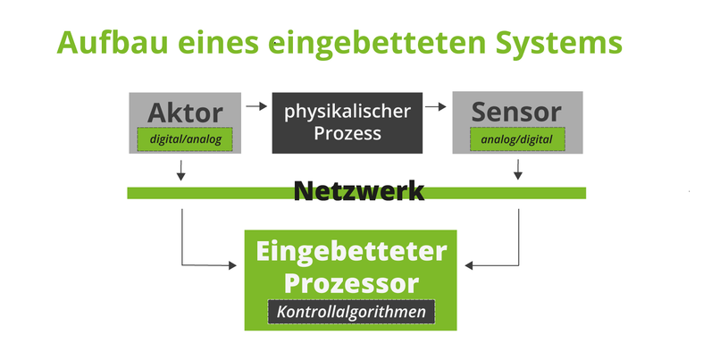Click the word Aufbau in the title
coord(105,43)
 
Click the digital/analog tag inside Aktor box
coord(184,139)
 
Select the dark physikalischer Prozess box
coord(347,122)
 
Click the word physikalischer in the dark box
coord(347,112)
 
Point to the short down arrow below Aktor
coord(182,169)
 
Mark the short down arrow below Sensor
coord(518,169)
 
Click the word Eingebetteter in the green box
coord(351,253)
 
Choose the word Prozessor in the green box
coord(351,283)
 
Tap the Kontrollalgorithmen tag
coord(351,313)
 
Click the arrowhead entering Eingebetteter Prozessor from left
coord(239,264)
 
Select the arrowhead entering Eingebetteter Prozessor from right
coord(470,264)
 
